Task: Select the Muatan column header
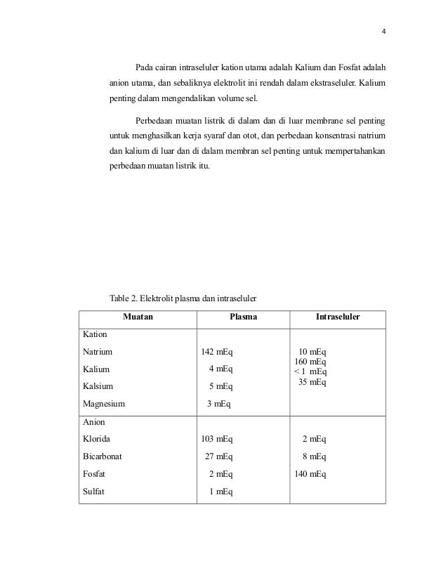coord(138,317)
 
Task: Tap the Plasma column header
coord(244,317)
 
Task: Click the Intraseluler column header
coord(338,317)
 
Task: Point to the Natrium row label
coord(98,352)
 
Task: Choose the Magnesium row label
coord(103,404)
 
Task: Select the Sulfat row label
coord(94,491)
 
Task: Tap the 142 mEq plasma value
coord(217,352)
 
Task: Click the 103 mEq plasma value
coord(217,439)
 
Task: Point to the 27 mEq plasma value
coord(218,456)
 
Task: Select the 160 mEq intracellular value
coord(309,362)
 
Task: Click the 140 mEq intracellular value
coord(309,474)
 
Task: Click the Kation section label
coord(94,335)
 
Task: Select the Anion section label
coord(93,423)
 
